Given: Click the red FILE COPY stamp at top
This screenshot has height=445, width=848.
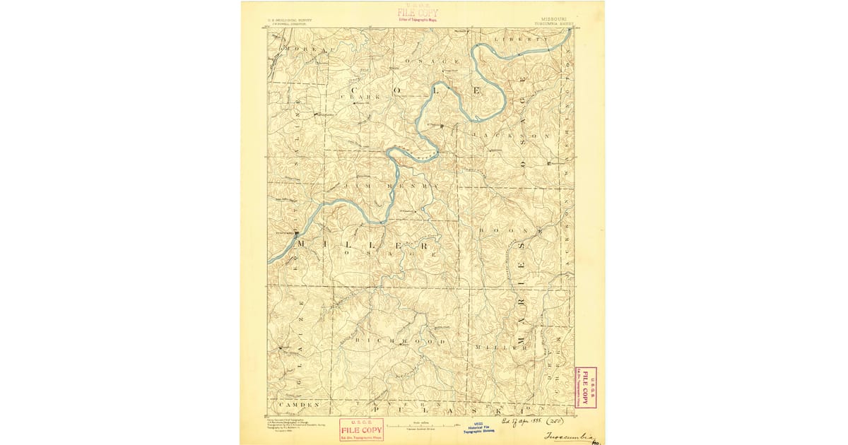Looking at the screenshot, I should click(417, 13).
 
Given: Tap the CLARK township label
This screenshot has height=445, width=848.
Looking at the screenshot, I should click(360, 96).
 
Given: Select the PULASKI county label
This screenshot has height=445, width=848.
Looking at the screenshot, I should click(459, 409).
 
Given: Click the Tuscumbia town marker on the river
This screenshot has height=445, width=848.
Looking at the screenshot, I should click(296, 232).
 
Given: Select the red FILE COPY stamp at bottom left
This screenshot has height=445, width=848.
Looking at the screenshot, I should click(361, 429).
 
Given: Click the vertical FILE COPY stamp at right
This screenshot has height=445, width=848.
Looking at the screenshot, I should click(585, 387).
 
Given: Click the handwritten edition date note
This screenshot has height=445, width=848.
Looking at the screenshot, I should click(530, 420).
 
